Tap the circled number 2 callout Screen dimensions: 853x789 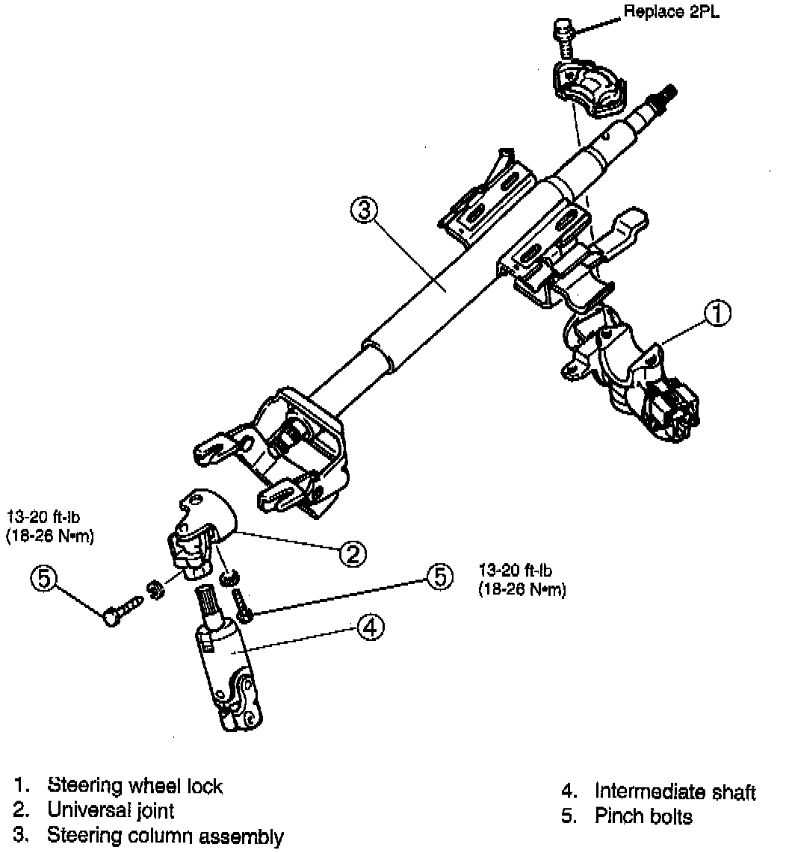tap(352, 553)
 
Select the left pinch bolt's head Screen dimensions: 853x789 tap(112, 616)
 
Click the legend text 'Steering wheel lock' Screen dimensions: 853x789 tap(134, 786)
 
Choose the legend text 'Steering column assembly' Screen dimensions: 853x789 tap(165, 835)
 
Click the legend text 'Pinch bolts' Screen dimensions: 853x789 tap(643, 816)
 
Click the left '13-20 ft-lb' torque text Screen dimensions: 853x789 tap(44, 515)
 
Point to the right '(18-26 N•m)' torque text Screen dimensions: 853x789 tap(522, 590)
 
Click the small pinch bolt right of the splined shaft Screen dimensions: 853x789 tap(241, 604)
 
